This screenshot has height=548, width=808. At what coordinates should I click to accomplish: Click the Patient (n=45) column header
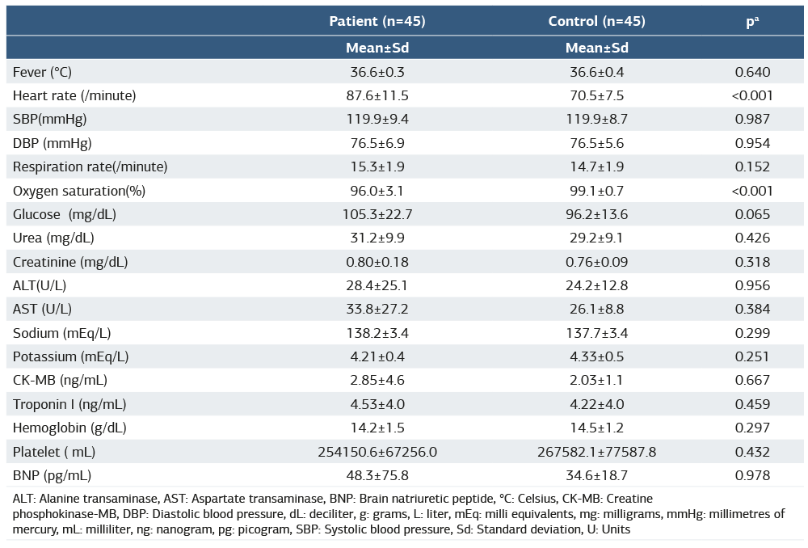(377, 21)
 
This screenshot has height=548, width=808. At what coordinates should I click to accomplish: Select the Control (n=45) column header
(596, 21)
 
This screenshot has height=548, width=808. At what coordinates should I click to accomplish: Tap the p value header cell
(752, 22)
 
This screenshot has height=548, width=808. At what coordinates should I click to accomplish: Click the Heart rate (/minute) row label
(74, 95)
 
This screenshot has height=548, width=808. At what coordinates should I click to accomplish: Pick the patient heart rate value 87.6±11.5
(377, 95)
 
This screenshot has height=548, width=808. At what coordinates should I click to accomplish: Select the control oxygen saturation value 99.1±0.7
(596, 191)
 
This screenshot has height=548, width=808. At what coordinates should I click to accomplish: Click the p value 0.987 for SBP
(752, 119)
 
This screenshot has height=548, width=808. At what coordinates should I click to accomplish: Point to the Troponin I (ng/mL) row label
(69, 404)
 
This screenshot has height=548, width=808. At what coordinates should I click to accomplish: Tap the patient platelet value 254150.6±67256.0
(377, 452)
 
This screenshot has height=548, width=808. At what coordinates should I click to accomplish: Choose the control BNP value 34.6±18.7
(596, 476)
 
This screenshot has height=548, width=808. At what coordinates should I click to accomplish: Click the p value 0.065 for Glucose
(752, 214)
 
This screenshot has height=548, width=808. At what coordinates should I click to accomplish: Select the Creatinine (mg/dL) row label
(70, 262)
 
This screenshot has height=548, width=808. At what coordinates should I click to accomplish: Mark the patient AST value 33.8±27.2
(377, 310)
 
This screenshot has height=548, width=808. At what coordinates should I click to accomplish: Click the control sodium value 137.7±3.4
(596, 333)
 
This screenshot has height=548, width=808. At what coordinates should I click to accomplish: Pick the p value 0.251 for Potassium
(752, 356)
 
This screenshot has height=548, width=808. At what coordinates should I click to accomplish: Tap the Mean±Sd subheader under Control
(596, 48)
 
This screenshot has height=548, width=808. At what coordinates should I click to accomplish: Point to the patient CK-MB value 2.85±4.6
(377, 381)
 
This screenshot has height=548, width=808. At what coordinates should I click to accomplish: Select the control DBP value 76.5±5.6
(596, 143)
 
